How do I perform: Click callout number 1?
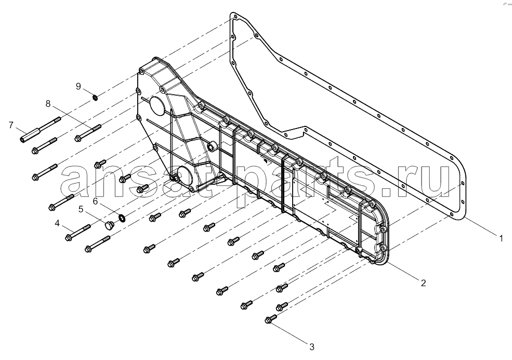501,238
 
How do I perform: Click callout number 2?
423,283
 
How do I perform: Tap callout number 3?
312,346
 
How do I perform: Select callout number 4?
57,224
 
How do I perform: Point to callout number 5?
81,209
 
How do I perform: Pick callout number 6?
95,201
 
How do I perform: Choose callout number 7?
11,125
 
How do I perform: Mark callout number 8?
48,104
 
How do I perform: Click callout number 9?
78,86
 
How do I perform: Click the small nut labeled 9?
95,97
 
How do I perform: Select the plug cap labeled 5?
109,225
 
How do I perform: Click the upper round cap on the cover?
157,104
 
